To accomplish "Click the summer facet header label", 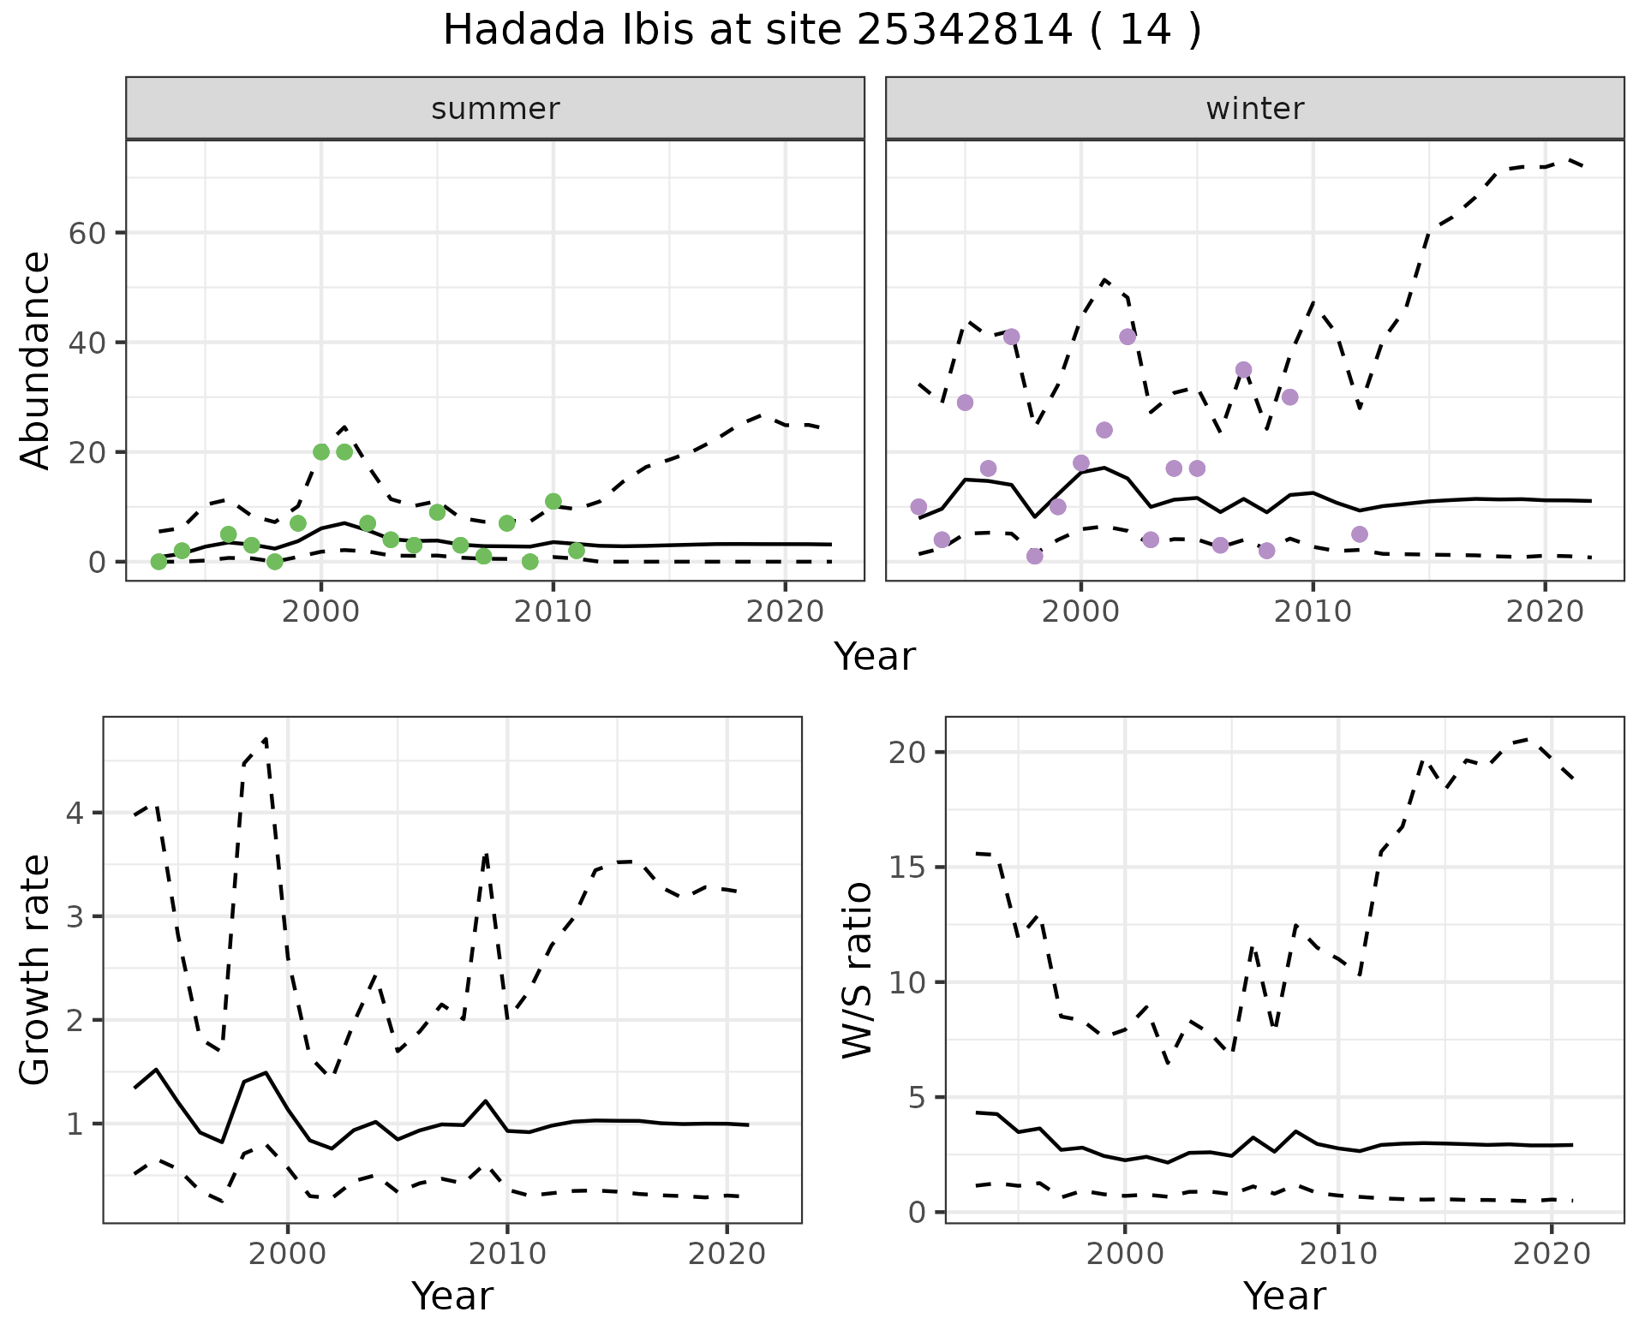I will [x=495, y=109].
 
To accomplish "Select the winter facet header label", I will [x=1254, y=109].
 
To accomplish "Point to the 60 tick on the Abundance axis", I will [x=86, y=233].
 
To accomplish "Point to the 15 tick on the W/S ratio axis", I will [x=906, y=868].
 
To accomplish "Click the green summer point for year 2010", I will [x=553, y=501].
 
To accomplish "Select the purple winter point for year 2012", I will [x=1359, y=534].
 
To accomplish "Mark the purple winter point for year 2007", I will [x=1243, y=370].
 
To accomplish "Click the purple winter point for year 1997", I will [x=1011, y=337].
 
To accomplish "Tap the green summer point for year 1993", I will [x=159, y=562].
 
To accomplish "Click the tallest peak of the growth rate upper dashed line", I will [x=266, y=738].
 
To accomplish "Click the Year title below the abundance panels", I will [x=874, y=658].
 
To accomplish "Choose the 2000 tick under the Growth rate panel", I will [x=288, y=1255].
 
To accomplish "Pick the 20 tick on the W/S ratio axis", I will [x=906, y=752].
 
